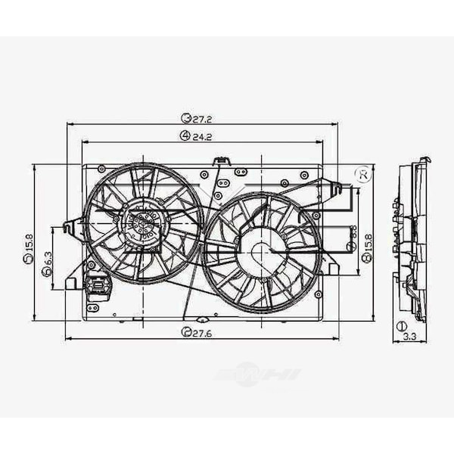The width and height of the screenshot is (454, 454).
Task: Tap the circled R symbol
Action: (363, 175)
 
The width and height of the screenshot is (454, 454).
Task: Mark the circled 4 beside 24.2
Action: (184, 136)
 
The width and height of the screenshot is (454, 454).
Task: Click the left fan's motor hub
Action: (141, 222)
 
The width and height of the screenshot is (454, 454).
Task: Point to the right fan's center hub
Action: (261, 253)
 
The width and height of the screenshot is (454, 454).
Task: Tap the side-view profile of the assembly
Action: (410, 238)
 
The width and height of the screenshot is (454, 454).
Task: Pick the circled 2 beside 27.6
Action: (185, 332)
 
